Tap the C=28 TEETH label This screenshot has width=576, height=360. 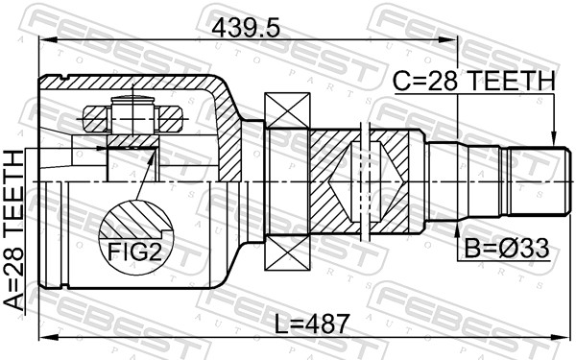[x=472, y=83]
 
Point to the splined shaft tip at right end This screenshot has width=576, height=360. [x=534, y=180]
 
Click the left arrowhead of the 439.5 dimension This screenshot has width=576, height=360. [x=44, y=45]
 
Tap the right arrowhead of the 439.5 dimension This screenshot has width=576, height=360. [x=454, y=45]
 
